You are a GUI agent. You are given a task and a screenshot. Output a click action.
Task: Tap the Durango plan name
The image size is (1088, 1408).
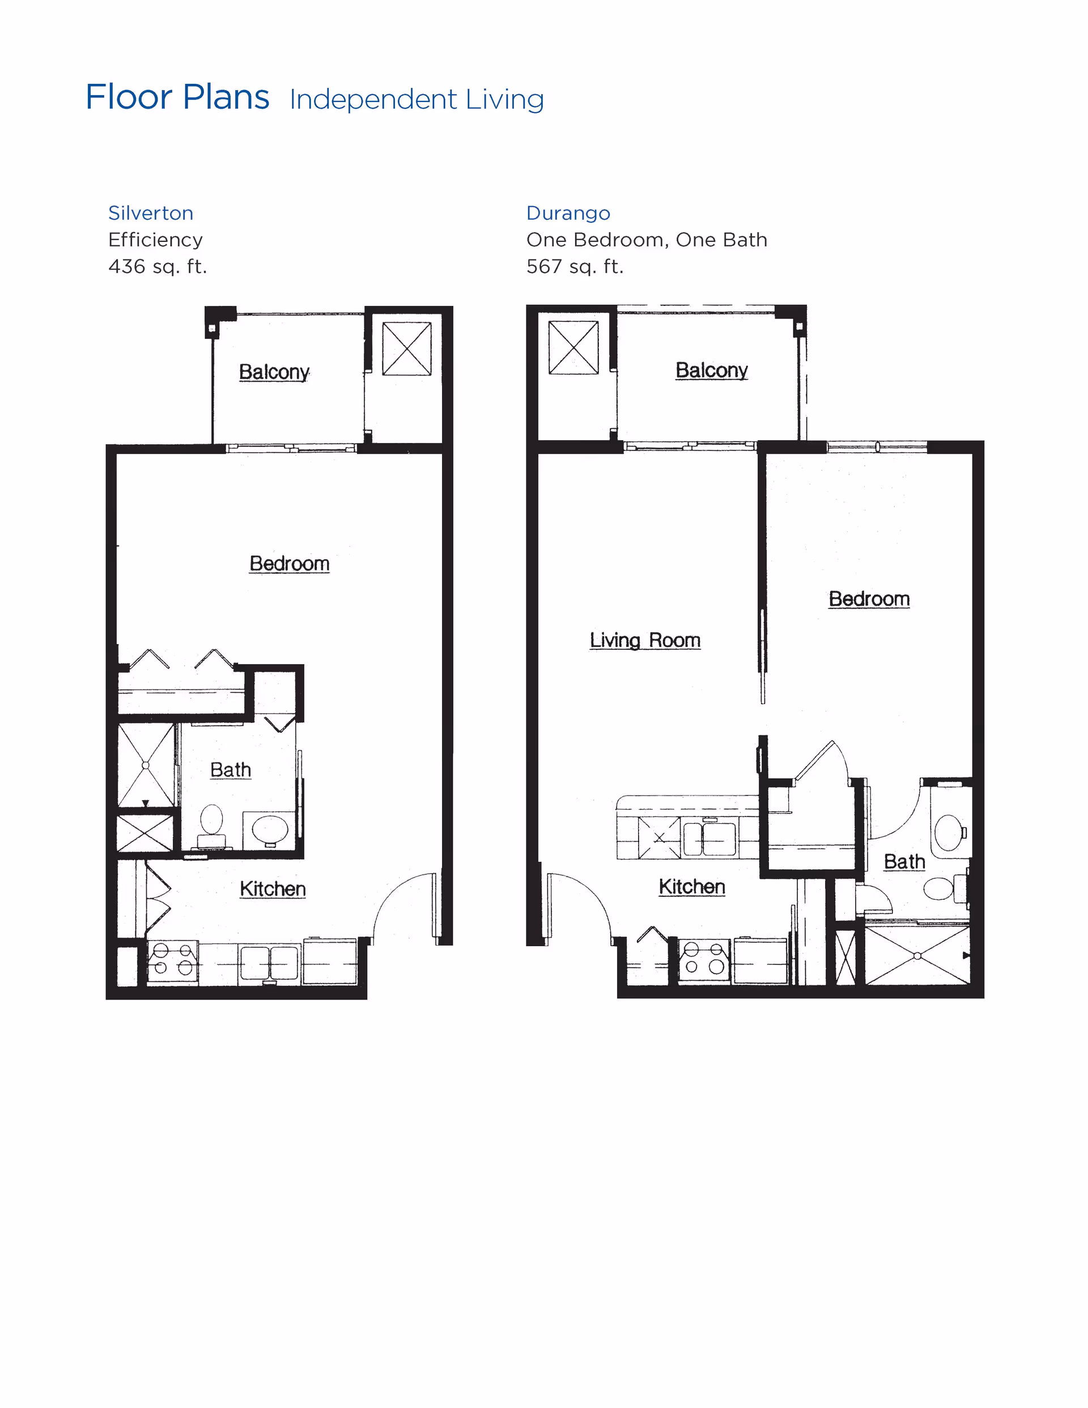pyautogui.click(x=568, y=214)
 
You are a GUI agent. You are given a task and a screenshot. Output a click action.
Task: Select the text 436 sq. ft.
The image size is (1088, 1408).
pyautogui.click(x=158, y=266)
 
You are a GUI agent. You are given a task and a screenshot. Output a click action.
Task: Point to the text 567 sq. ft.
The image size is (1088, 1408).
pyautogui.click(x=575, y=266)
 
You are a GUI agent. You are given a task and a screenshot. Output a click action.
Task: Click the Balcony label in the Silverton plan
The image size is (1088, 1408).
pyautogui.click(x=274, y=372)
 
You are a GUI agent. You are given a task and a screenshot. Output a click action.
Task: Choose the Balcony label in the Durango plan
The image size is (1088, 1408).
pyautogui.click(x=711, y=370)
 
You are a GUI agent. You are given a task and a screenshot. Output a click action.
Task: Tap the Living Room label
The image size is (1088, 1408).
pyautogui.click(x=645, y=640)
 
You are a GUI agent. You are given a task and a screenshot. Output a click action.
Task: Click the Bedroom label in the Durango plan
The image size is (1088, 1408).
pyautogui.click(x=869, y=599)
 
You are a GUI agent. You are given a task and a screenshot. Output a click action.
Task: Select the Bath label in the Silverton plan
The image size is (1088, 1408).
pyautogui.click(x=230, y=770)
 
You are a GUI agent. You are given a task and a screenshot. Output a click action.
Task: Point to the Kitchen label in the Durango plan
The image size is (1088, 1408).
pyautogui.click(x=692, y=887)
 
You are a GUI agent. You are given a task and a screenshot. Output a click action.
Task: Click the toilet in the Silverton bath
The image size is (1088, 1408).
pyautogui.click(x=211, y=827)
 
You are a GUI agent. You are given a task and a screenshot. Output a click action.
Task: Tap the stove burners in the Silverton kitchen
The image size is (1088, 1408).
pyautogui.click(x=173, y=959)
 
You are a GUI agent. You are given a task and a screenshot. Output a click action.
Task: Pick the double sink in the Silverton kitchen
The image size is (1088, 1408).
pyautogui.click(x=270, y=963)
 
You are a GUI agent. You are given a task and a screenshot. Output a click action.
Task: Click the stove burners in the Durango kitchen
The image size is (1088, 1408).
pyautogui.click(x=704, y=958)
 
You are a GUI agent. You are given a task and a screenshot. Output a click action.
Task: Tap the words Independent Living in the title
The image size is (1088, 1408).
pyautogui.click(x=416, y=99)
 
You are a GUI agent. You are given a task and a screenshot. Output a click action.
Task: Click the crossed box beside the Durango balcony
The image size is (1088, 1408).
pyautogui.click(x=573, y=347)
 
